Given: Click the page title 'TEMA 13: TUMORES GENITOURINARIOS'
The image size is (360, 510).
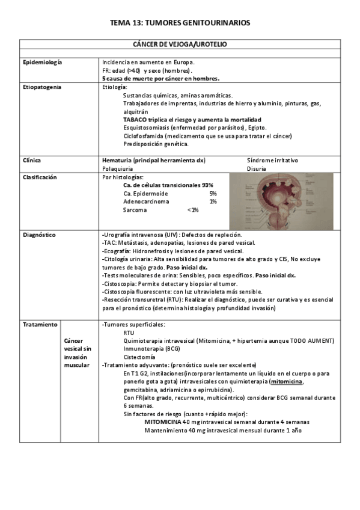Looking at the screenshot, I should pyautogui.click(x=180, y=23).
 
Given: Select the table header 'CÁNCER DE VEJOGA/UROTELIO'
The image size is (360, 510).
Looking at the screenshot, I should pyautogui.click(x=180, y=45).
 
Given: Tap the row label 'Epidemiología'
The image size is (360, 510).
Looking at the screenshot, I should pyautogui.click(x=42, y=63).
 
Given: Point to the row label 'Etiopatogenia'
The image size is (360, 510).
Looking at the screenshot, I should pyautogui.click(x=42, y=87).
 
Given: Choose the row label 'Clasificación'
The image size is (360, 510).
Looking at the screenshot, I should pyautogui.click(x=40, y=177).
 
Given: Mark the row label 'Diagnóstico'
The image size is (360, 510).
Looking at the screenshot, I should pyautogui.click(x=39, y=235).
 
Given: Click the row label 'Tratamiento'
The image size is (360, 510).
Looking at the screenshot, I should pyautogui.click(x=40, y=324).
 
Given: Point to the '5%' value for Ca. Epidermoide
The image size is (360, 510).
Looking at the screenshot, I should pyautogui.click(x=213, y=194).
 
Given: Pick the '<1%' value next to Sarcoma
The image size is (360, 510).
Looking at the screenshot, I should pyautogui.click(x=193, y=210).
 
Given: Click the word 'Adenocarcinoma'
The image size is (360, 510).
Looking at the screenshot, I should pyautogui.click(x=145, y=202).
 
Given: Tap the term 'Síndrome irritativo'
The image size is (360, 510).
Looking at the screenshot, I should pyautogui.click(x=272, y=161).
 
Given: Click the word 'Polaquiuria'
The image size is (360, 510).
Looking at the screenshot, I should pyautogui.click(x=118, y=169).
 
